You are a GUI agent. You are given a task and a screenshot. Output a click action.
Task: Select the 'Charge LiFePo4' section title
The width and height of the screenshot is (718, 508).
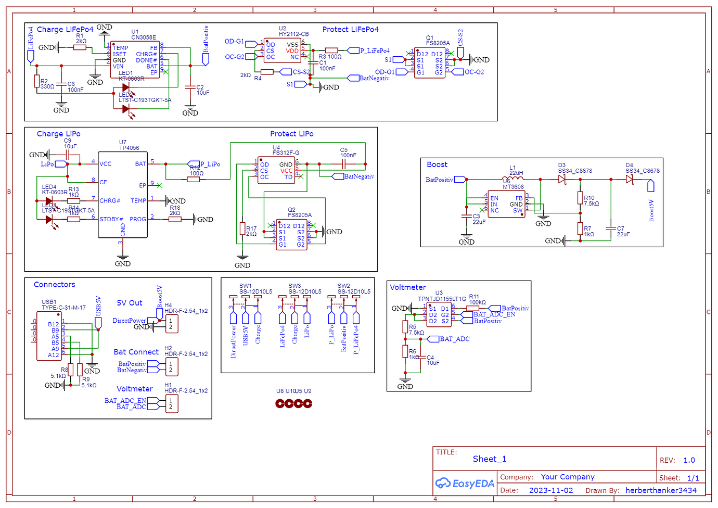[65, 30]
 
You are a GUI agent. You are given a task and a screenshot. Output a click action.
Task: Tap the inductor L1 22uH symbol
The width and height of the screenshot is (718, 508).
[516, 179]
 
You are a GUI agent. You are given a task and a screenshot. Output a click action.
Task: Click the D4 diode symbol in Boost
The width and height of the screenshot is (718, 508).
[630, 180]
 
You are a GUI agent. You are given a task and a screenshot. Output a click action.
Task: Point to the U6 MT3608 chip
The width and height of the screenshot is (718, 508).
[506, 204]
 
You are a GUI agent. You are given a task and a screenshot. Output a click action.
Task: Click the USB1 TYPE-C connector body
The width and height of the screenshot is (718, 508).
[49, 339]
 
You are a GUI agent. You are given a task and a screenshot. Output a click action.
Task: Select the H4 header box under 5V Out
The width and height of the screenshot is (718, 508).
[171, 324]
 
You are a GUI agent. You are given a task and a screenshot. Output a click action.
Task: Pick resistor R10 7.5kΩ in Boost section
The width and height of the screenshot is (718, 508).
[580, 198]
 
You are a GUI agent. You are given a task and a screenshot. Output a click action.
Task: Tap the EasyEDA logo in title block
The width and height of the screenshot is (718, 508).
[465, 484]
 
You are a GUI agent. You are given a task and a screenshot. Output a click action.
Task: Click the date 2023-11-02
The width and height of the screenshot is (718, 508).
[551, 490]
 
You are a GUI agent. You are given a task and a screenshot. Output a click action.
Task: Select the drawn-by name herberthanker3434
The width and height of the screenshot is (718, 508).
[661, 490]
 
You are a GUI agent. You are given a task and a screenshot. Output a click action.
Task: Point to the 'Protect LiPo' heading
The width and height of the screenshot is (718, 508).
[291, 134]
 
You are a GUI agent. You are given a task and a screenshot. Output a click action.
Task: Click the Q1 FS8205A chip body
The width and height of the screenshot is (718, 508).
[430, 63]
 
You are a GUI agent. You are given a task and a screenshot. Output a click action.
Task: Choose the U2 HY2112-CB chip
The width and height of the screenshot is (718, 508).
[283, 51]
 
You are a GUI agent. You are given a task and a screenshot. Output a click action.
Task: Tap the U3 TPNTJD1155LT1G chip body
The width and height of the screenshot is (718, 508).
[439, 315]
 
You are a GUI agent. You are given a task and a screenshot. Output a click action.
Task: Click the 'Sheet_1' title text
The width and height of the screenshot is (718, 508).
[489, 459]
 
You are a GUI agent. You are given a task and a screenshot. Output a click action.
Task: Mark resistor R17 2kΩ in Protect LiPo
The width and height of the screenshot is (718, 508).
[242, 228]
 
